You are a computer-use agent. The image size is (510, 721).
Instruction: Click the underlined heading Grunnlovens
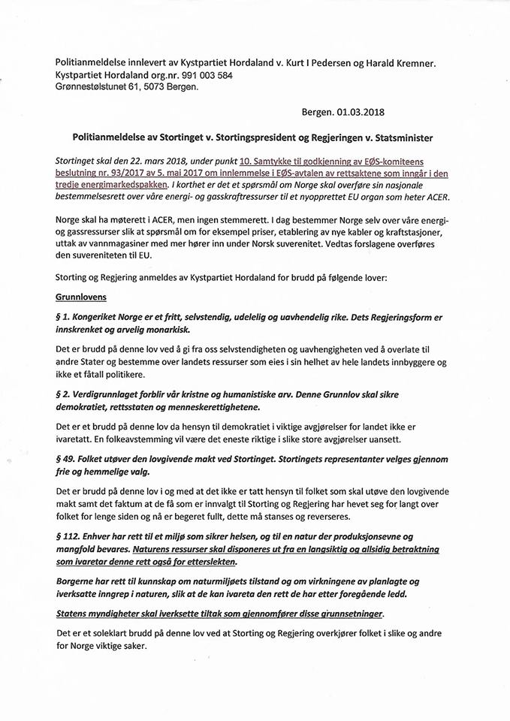click(81, 297)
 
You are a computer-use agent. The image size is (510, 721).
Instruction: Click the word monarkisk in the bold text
click(170, 330)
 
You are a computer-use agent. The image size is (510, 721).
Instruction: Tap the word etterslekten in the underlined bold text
click(204, 563)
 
